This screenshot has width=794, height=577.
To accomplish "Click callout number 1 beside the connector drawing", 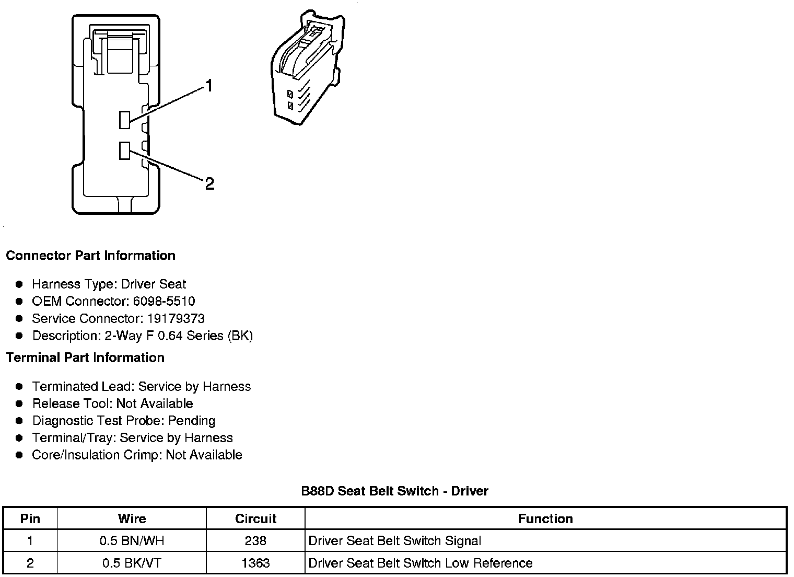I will (209, 86).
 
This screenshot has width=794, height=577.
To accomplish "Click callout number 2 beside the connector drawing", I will (209, 183).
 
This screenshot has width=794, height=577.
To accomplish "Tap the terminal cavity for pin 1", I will (124, 120).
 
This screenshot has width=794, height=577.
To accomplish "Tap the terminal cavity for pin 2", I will (124, 151).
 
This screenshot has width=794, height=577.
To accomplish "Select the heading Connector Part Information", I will (90, 256).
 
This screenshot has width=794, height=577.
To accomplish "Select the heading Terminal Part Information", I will (85, 357).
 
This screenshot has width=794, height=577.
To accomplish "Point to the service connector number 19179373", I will (176, 318).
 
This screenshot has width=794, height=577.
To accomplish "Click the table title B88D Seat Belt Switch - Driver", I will (394, 491).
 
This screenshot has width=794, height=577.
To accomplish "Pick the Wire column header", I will (132, 518).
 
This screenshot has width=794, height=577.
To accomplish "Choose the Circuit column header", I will (255, 518).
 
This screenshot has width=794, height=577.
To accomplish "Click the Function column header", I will (545, 518).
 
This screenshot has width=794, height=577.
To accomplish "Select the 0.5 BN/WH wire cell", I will (132, 540).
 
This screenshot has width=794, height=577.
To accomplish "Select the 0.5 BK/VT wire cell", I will (132, 563).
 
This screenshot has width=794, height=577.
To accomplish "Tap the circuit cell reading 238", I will (255, 540).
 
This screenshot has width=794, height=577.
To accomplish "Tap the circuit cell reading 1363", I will (255, 563).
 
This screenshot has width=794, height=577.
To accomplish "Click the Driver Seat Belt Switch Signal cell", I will (395, 540).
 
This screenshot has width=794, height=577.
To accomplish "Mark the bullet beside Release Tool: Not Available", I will (19, 403).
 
